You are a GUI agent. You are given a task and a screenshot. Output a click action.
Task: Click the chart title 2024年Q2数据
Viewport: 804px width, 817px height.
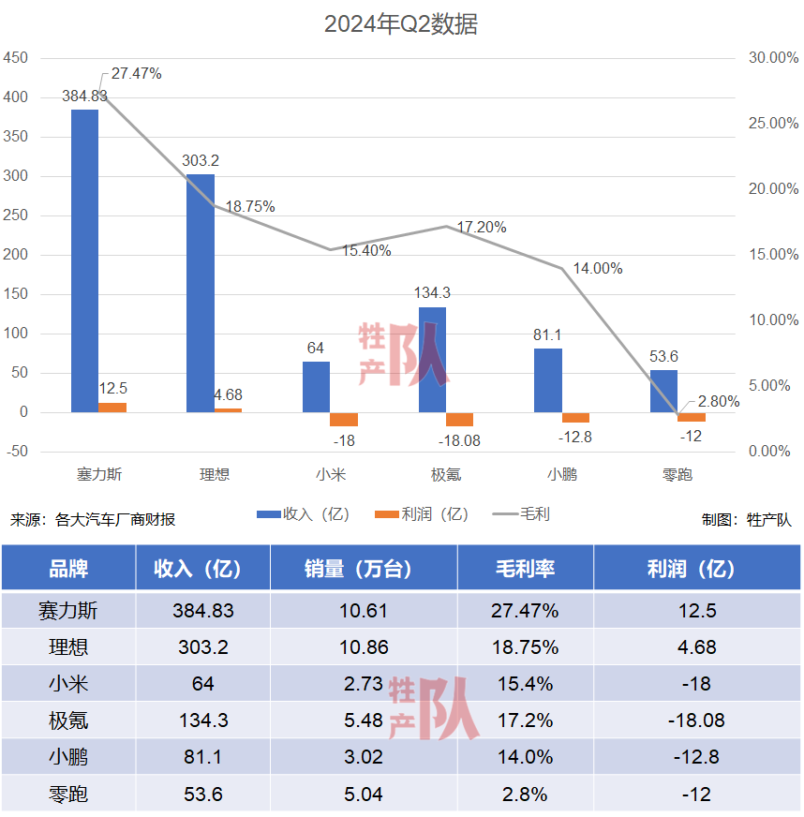[x=401, y=24]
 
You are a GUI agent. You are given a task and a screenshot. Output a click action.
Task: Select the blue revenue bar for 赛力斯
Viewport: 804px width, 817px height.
[x=84, y=260]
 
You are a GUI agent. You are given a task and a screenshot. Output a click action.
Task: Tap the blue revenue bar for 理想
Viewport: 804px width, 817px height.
[x=201, y=292]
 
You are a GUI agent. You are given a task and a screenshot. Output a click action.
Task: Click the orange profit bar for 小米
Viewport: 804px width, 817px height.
[x=344, y=419]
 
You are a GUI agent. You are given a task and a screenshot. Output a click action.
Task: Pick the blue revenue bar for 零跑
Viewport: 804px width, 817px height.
[x=663, y=391]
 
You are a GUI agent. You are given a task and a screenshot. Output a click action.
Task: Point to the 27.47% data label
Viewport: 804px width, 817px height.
[x=137, y=73]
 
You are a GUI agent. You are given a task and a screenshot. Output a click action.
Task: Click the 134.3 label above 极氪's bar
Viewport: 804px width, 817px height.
[x=432, y=292]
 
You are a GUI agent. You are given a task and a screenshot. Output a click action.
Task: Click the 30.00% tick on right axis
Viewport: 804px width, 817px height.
[x=773, y=58]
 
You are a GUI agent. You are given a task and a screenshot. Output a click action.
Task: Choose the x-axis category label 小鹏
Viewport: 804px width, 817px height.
[x=561, y=474]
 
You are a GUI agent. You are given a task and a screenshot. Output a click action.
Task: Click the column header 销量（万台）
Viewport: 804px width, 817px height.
[x=364, y=569]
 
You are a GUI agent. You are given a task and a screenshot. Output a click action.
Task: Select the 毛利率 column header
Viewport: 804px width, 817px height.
[x=525, y=569]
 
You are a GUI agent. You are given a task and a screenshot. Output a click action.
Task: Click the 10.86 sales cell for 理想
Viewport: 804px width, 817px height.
[x=364, y=647]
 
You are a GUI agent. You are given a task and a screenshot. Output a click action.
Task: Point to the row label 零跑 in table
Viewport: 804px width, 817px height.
[x=68, y=795]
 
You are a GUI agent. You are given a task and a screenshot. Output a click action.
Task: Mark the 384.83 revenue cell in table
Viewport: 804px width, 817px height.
[x=203, y=611]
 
